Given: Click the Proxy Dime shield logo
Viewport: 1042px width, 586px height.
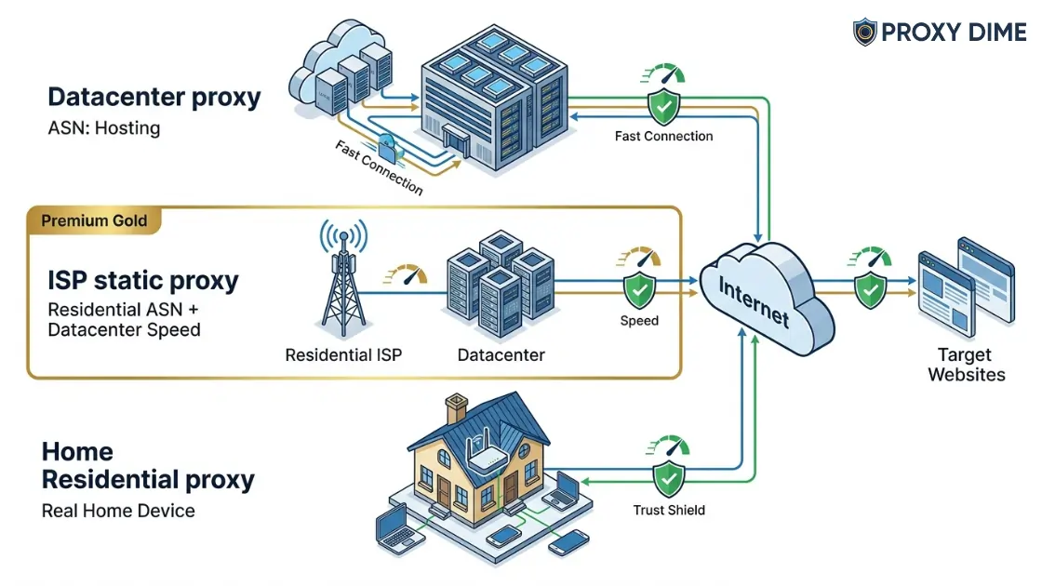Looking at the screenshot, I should [864, 33].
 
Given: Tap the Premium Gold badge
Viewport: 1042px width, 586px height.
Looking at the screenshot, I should [93, 221].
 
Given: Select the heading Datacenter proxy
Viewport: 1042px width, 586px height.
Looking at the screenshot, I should [154, 97].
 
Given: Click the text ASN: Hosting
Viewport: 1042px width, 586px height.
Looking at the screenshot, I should [104, 128].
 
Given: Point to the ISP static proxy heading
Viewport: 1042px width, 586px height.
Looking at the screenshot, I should [143, 280].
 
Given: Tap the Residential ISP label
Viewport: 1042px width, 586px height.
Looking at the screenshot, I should [343, 354].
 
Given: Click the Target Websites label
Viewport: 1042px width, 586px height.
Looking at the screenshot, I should [965, 365].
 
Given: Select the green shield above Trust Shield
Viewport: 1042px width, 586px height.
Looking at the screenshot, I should [668, 481].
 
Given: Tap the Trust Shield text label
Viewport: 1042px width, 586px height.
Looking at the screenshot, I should [669, 510].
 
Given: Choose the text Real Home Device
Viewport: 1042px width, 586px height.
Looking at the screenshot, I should [118, 511].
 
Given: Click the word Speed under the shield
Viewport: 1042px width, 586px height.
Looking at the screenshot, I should [639, 321].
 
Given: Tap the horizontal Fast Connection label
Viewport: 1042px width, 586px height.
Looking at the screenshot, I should [663, 136].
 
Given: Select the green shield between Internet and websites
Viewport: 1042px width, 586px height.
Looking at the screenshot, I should [869, 291].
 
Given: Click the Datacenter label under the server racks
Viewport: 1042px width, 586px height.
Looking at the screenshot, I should [501, 354].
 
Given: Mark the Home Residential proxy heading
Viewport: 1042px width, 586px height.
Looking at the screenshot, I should [148, 466].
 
